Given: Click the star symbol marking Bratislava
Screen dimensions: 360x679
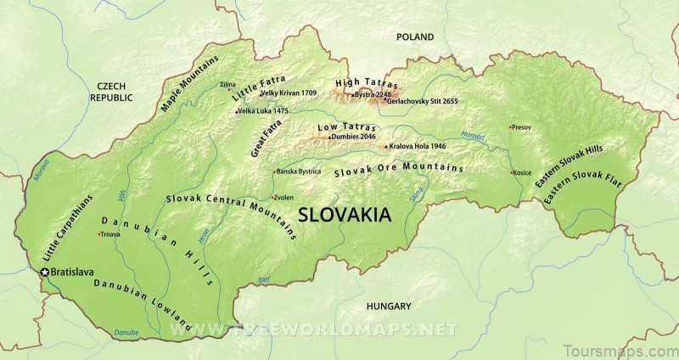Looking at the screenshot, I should [44, 272].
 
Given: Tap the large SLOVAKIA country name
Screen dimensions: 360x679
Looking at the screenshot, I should [344, 215].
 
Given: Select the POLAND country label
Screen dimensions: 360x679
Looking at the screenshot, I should [413, 37].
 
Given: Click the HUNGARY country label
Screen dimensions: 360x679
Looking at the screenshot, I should [389, 306].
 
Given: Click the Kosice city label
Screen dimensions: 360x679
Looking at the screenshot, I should [522, 173].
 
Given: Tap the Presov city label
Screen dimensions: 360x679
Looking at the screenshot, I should [521, 127].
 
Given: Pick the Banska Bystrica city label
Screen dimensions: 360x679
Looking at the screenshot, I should [299, 172].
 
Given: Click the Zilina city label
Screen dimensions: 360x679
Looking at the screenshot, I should [227, 85].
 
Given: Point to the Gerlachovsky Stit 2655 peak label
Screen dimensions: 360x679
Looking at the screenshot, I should [422, 101].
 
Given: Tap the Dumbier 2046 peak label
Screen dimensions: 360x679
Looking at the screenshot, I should [354, 137].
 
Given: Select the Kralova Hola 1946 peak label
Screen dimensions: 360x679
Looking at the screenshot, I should [418, 146].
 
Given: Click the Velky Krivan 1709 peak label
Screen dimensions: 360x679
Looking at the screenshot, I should [289, 93].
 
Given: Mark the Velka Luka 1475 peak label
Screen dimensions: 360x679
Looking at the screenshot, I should [264, 111].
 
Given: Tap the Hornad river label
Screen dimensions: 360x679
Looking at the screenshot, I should [473, 135].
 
